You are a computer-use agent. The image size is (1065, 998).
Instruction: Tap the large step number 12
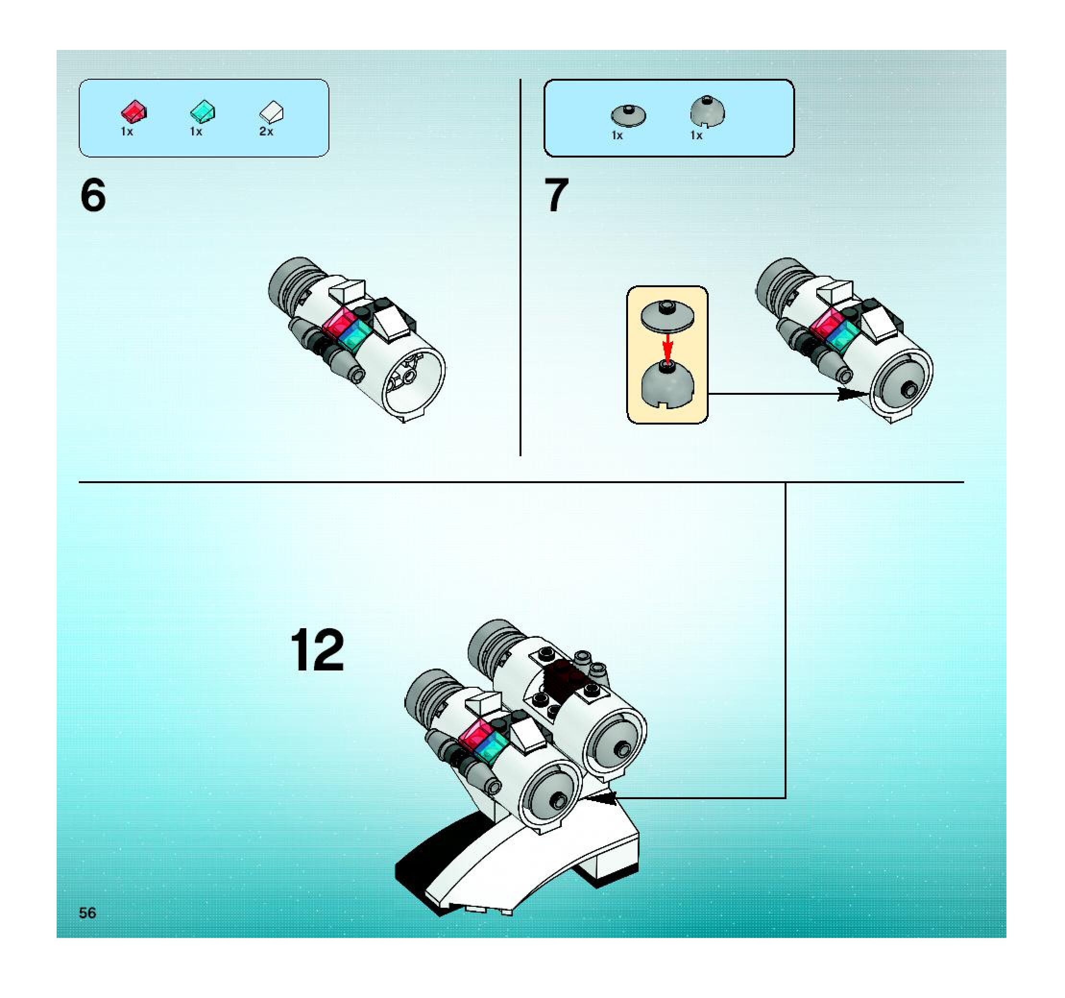click(x=317, y=650)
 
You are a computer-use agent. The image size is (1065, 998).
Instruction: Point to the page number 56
click(x=87, y=913)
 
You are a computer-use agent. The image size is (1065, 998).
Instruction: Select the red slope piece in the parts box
click(x=133, y=111)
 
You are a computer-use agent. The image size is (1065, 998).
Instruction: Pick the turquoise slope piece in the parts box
click(x=203, y=111)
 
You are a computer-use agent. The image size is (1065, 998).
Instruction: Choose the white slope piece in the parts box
click(x=272, y=112)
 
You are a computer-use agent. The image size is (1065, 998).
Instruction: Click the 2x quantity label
click(x=266, y=132)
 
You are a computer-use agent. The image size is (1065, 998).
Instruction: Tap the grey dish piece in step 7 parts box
click(x=629, y=115)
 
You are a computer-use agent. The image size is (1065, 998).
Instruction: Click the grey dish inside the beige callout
click(x=667, y=316)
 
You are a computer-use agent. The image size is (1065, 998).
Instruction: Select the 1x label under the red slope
click(x=127, y=132)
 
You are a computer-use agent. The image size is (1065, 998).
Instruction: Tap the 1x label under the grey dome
click(x=696, y=135)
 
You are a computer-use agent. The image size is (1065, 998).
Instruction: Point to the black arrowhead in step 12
click(x=601, y=798)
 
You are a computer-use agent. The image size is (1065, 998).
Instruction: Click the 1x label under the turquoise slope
click(x=196, y=132)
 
